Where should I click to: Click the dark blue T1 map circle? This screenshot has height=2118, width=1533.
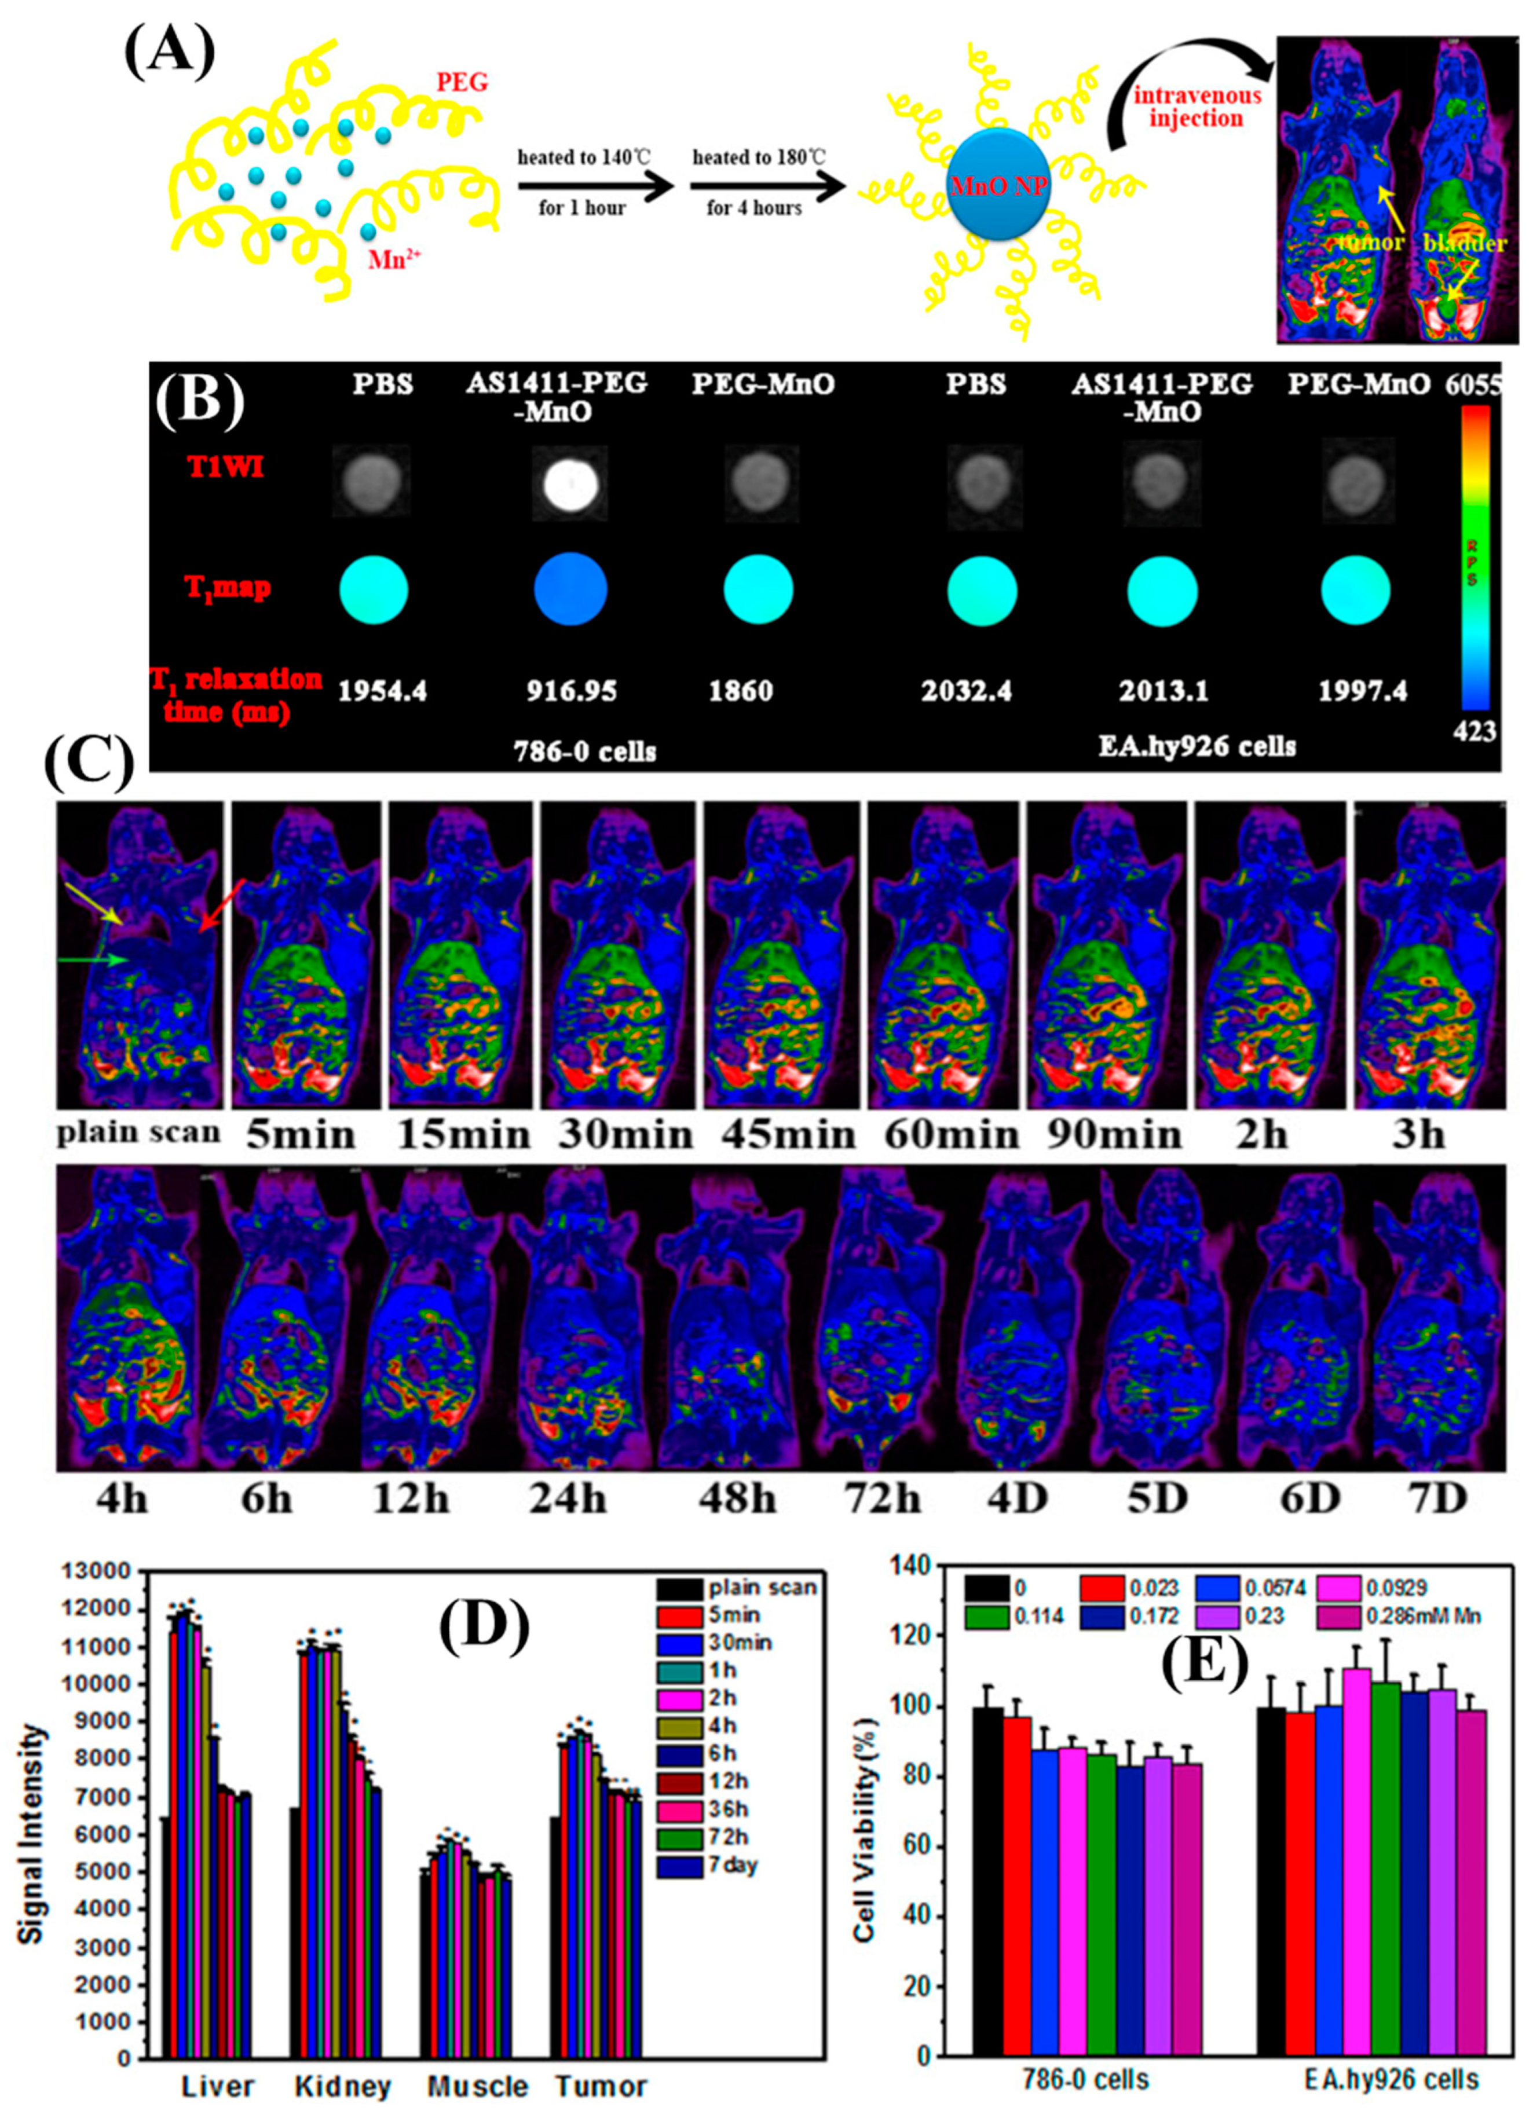[570, 589]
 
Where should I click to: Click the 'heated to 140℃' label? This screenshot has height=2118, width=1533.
[581, 158]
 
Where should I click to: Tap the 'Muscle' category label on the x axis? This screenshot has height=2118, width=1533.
[478, 2086]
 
